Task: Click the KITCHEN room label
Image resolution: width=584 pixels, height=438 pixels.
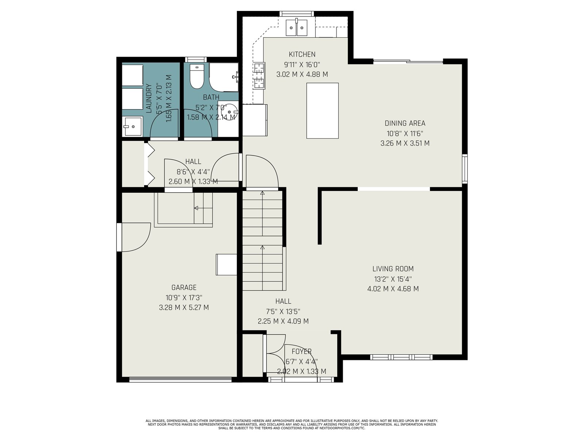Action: pyautogui.click(x=302, y=54)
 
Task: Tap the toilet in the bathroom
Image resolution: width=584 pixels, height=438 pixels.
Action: pyautogui.click(x=197, y=76)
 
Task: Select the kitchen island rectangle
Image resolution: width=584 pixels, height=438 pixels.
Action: pyautogui.click(x=322, y=111)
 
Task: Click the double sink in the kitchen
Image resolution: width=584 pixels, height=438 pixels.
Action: pyautogui.click(x=297, y=28)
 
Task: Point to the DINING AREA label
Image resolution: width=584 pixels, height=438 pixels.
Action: pyautogui.click(x=405, y=123)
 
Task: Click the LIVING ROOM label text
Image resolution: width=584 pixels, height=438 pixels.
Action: pyautogui.click(x=393, y=269)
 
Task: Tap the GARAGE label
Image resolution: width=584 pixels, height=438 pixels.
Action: pyautogui.click(x=184, y=288)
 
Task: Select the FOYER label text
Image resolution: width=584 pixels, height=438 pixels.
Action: pyautogui.click(x=301, y=351)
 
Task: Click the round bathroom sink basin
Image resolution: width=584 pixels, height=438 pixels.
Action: pyautogui.click(x=229, y=112)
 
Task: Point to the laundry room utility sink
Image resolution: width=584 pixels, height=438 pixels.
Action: pyautogui.click(x=133, y=127)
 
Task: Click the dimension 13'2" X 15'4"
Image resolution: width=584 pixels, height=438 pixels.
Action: pyautogui.click(x=393, y=279)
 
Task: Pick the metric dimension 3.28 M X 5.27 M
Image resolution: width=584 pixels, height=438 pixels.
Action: pyautogui.click(x=184, y=308)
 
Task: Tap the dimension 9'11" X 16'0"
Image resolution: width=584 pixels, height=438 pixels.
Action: pyautogui.click(x=302, y=64)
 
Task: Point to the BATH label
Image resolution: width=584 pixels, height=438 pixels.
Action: pyautogui.click(x=211, y=97)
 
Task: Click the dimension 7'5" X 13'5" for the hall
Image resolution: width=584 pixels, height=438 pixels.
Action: pyautogui.click(x=283, y=311)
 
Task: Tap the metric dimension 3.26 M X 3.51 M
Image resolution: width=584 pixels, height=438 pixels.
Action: pyautogui.click(x=405, y=143)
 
